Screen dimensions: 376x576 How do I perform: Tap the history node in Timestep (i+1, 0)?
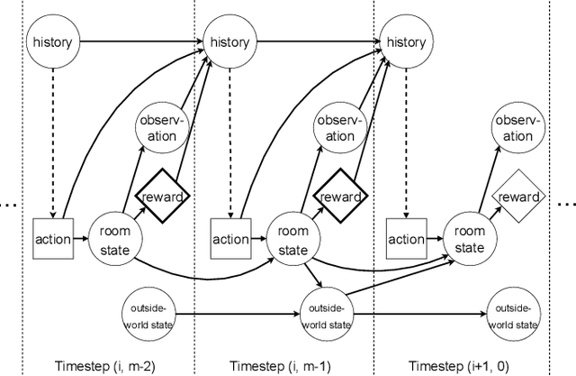tap(404, 41)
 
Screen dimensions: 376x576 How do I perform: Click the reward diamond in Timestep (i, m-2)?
tap(160, 197)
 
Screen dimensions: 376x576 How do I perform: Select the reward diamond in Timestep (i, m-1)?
tap(338, 197)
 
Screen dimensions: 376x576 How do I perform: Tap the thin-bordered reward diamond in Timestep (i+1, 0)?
tap(515, 197)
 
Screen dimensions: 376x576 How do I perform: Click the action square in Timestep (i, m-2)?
tap(55, 239)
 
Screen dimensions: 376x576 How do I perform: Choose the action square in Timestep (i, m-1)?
tap(230, 239)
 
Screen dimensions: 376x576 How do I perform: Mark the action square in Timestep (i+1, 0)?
tap(405, 239)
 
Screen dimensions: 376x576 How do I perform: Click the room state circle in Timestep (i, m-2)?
tap(112, 239)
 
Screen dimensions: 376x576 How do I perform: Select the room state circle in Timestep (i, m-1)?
tap(288, 239)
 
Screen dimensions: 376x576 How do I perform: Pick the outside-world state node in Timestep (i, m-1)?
tap(326, 315)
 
